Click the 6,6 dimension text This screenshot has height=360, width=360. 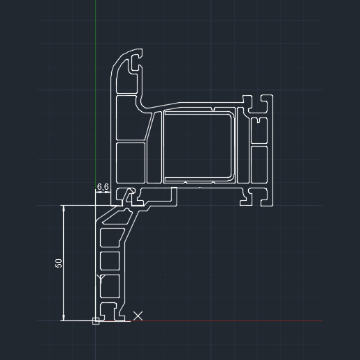click(x=103, y=186)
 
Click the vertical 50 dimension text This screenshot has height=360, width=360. click(x=59, y=263)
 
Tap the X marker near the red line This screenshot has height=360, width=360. click(x=138, y=316)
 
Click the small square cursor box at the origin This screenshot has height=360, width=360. click(x=96, y=321)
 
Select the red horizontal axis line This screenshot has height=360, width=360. click(x=226, y=321)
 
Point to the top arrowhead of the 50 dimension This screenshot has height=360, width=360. click(x=64, y=208)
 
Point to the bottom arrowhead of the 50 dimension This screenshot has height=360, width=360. click(x=64, y=318)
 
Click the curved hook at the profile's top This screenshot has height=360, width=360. click(x=126, y=69)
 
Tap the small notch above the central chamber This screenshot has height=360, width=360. click(x=213, y=108)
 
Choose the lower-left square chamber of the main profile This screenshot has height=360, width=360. click(x=131, y=163)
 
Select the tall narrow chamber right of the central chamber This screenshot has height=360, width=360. click(x=243, y=146)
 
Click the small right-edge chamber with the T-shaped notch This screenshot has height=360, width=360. click(x=259, y=130)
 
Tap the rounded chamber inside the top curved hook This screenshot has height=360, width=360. click(x=123, y=78)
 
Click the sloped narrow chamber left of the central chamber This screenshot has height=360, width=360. click(x=154, y=147)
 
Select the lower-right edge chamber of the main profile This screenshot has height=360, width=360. click(x=259, y=164)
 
